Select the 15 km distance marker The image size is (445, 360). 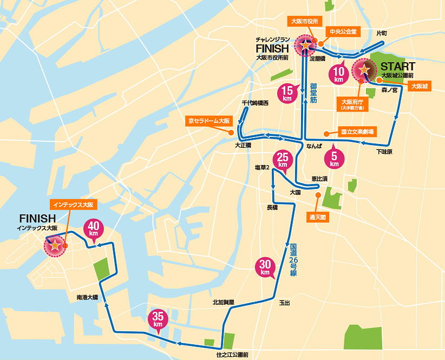[x=287, y=94]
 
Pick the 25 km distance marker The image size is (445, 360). [x=282, y=160]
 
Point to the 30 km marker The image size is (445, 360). [x=265, y=267]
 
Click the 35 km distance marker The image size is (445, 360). [x=158, y=319]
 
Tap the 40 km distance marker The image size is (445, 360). [x=93, y=228]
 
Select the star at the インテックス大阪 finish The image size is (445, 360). [x=55, y=246]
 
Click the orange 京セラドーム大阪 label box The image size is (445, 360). [x=208, y=121]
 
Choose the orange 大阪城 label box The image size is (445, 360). [x=420, y=86]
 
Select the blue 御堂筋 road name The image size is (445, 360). [x=313, y=93]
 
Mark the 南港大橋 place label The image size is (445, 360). [x=87, y=297]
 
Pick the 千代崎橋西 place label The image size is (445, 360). [x=255, y=103]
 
